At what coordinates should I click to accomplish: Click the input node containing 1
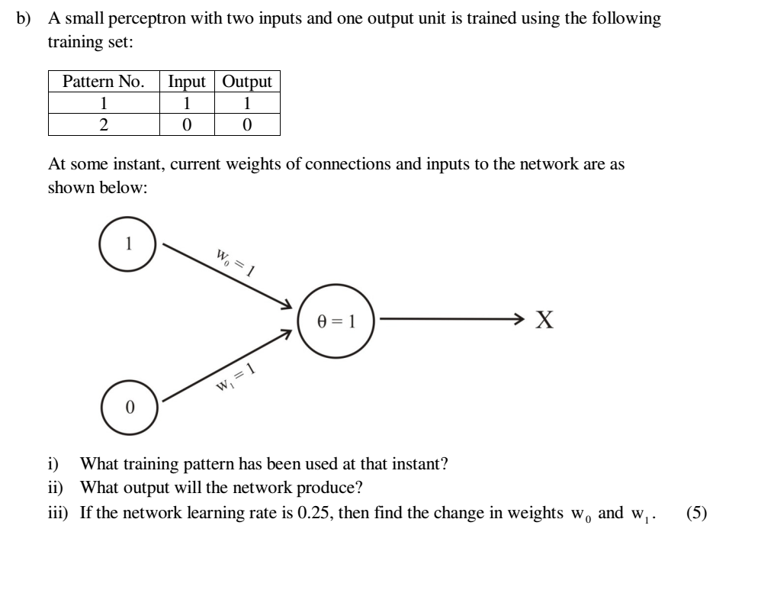(x=128, y=244)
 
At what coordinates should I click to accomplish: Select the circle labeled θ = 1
(x=336, y=320)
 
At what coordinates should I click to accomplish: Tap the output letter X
(x=544, y=320)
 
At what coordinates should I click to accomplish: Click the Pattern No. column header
(x=104, y=82)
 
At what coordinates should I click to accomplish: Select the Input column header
(x=187, y=82)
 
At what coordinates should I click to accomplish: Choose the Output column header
(x=247, y=82)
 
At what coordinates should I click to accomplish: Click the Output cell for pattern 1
(x=247, y=103)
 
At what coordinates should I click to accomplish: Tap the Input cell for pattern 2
(x=187, y=124)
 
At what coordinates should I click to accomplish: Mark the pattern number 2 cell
(x=104, y=124)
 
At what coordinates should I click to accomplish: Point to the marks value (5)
(x=696, y=513)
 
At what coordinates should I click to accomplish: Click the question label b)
(x=24, y=18)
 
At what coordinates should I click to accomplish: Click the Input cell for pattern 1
(x=187, y=103)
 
